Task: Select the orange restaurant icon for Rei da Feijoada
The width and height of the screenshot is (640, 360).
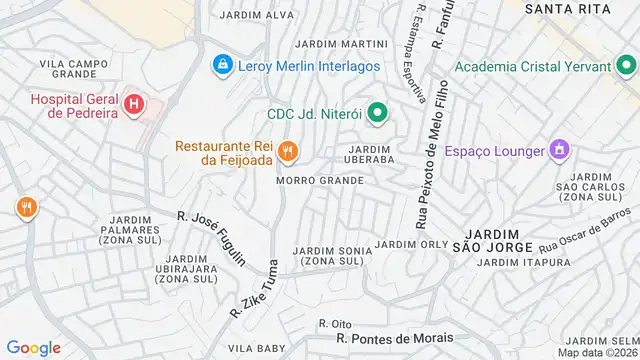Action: (288, 152)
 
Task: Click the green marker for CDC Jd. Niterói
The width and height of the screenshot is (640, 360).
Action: (377, 112)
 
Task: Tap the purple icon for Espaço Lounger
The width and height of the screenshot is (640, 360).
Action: (559, 150)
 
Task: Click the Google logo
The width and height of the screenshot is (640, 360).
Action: (34, 347)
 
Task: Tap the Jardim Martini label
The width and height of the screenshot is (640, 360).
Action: (342, 44)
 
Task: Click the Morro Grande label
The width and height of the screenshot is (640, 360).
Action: (320, 181)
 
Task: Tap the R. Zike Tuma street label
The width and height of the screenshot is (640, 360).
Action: (253, 289)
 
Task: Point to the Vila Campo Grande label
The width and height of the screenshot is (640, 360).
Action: (73, 69)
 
